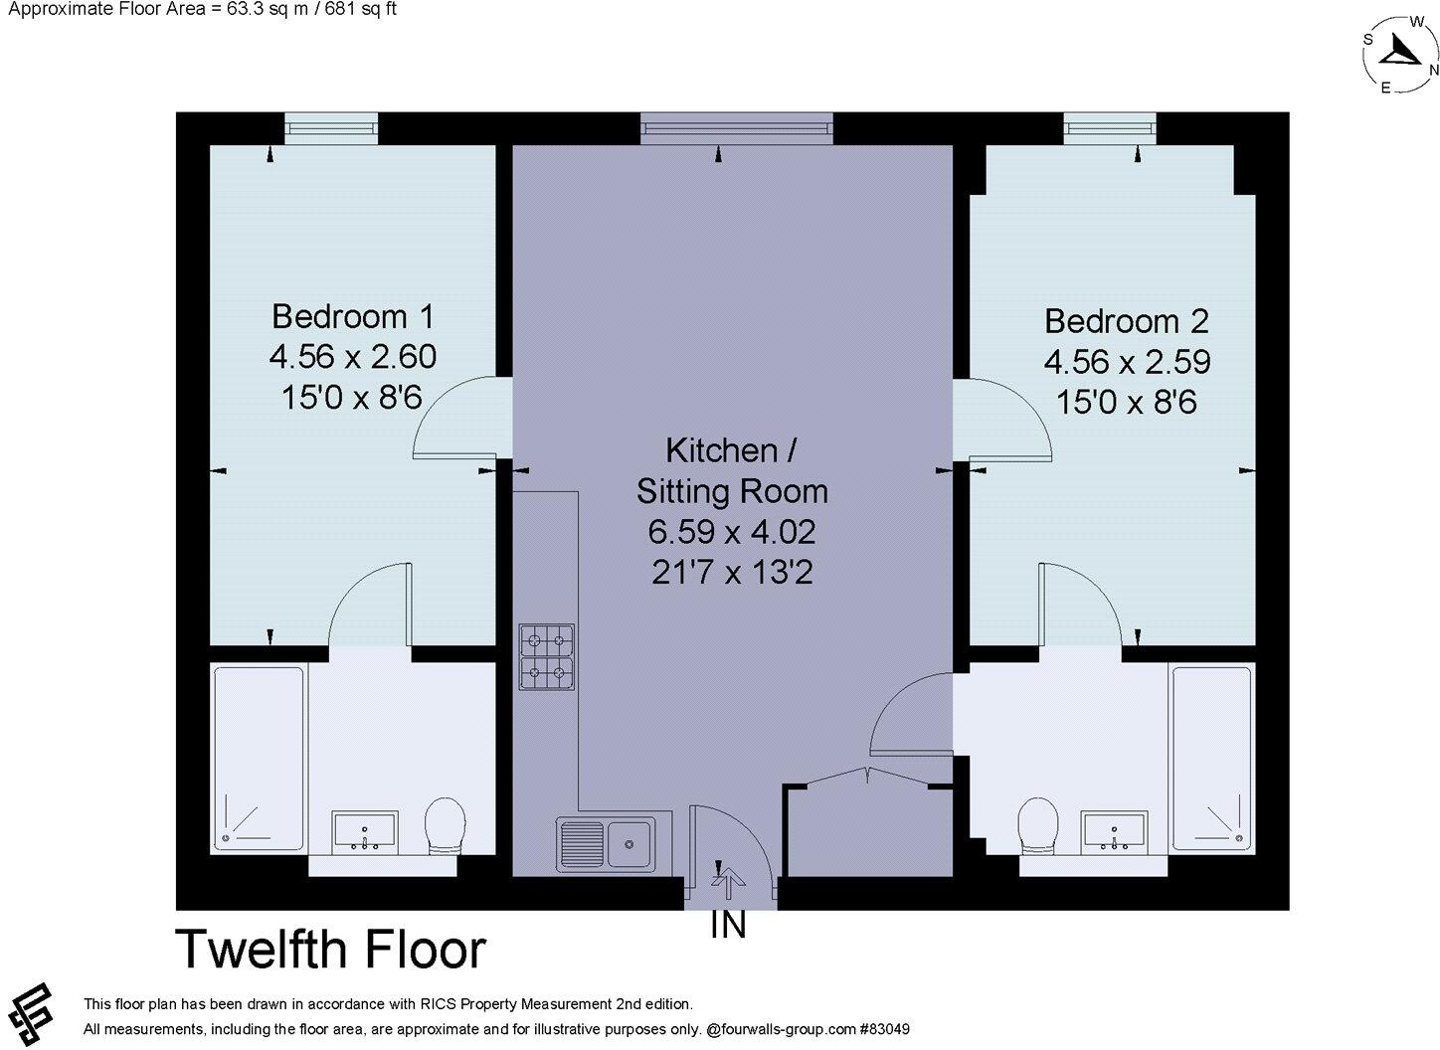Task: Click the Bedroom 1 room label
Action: point(352,317)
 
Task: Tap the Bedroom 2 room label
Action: point(1126,321)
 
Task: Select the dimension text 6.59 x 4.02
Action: point(732,532)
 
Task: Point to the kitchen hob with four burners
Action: point(546,657)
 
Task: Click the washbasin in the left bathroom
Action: point(365,831)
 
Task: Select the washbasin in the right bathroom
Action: point(1115,831)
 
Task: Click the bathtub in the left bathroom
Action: point(259,758)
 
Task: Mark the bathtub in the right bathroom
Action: point(1210,758)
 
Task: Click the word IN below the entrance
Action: point(728,926)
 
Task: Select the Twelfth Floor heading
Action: point(330,949)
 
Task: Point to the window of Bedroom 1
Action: point(331,128)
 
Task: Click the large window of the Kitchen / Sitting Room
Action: point(736,128)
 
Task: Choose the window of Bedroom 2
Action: point(1110,128)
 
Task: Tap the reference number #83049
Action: point(885,1029)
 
